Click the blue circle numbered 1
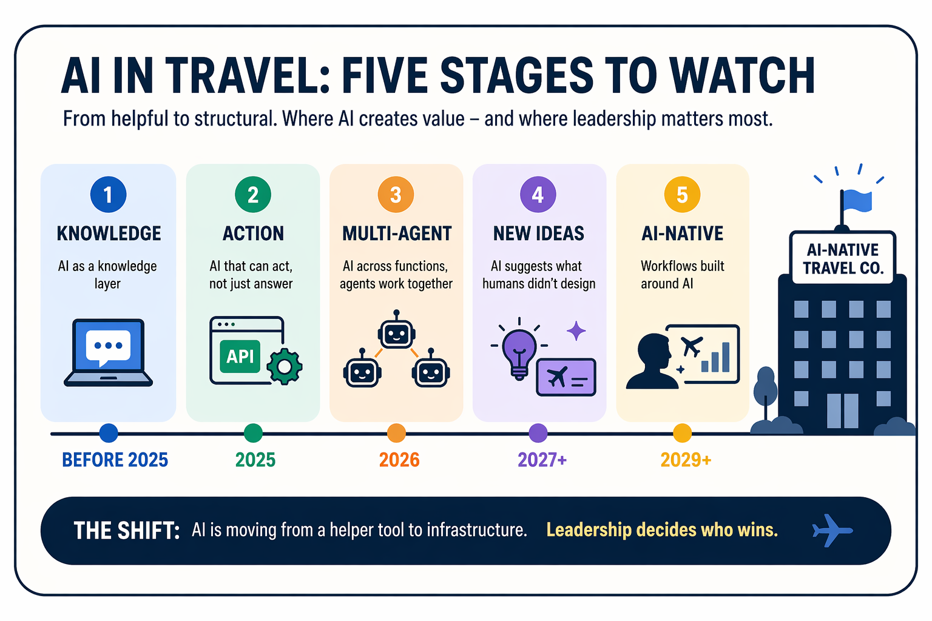tap(108, 195)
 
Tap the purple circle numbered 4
tap(538, 195)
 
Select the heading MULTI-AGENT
tap(397, 233)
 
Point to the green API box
tap(240, 357)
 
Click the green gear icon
tap(285, 366)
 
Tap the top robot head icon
tap(396, 330)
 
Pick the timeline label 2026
tap(399, 460)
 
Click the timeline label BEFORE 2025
tap(115, 460)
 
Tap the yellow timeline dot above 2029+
tap(683, 434)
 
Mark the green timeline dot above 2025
tap(253, 434)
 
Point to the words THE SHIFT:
tap(126, 531)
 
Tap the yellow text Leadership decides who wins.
tap(662, 530)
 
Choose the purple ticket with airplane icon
tap(566, 377)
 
